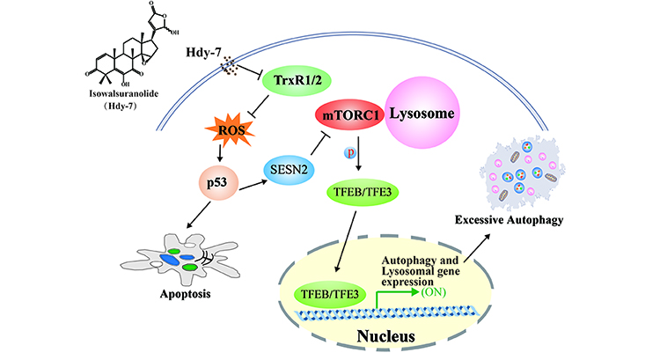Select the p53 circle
point(224,186)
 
